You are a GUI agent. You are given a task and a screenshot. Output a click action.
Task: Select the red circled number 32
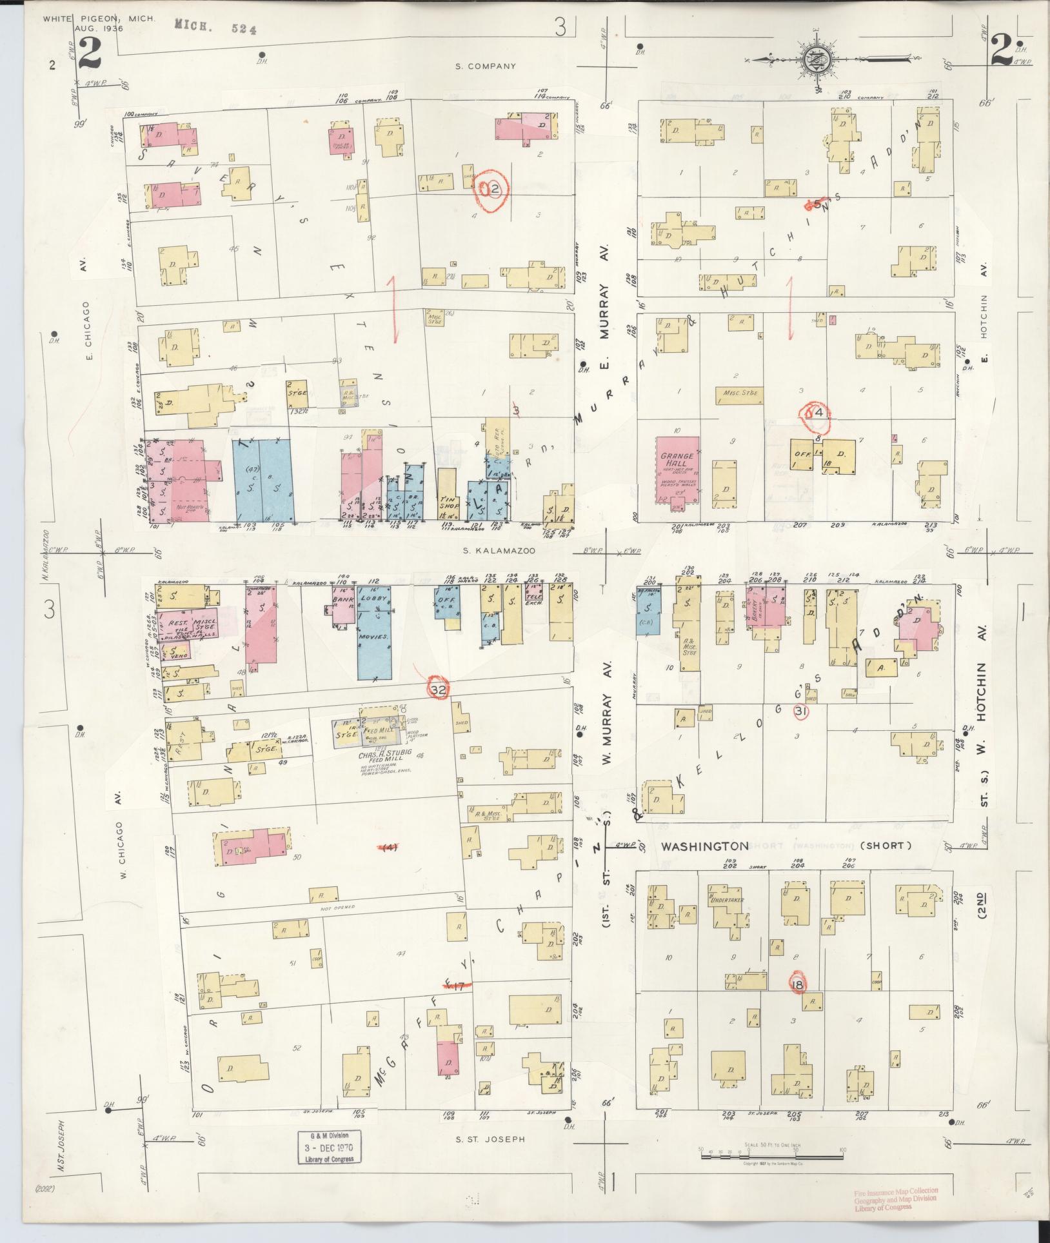click(x=439, y=690)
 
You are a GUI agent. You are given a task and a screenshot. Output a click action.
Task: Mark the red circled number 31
click(x=801, y=711)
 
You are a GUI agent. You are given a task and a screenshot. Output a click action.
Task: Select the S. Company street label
click(x=486, y=66)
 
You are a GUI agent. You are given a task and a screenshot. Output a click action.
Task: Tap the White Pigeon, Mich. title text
click(x=99, y=19)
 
